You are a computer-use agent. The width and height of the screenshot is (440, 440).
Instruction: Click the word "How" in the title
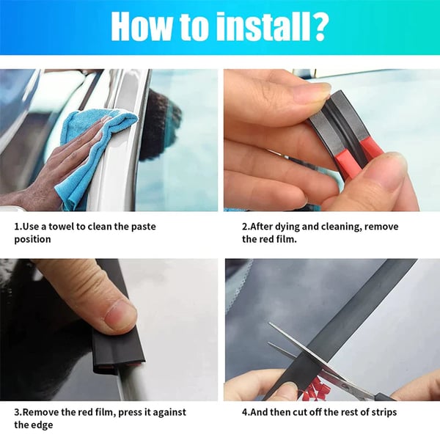(143, 27)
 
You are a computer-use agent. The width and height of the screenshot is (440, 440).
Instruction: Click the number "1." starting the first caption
(18, 226)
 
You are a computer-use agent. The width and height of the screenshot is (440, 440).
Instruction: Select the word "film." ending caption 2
(286, 239)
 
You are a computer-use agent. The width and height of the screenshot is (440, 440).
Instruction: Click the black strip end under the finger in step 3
(117, 356)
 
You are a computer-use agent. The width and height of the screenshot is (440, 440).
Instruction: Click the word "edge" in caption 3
(41, 425)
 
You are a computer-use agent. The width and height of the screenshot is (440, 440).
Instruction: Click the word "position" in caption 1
(32, 239)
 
